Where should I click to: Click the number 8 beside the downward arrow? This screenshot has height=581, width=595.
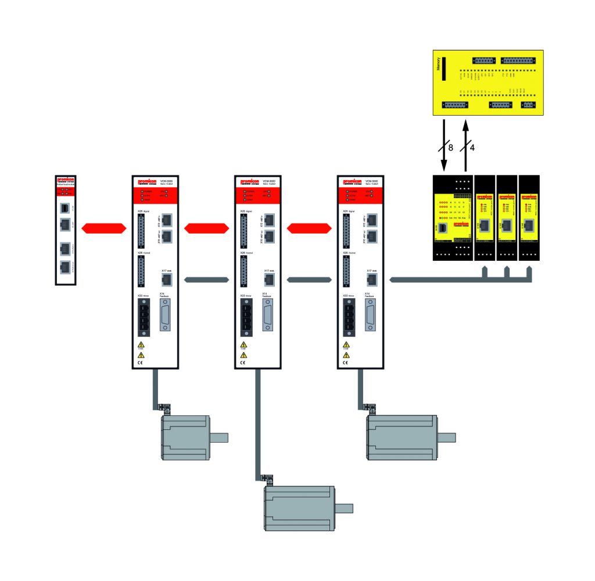click(450, 148)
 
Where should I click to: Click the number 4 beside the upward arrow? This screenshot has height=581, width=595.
click(472, 148)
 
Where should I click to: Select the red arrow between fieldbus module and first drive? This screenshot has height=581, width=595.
click(103, 228)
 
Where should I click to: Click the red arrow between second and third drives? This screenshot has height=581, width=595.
click(308, 228)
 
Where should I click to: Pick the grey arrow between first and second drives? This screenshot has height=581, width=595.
click(206, 280)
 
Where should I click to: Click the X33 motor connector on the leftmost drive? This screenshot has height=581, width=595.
click(144, 318)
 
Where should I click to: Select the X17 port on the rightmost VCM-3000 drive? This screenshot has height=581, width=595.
click(371, 280)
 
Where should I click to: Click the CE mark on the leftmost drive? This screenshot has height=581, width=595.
click(140, 363)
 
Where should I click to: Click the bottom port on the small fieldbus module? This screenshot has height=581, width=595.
click(65, 267)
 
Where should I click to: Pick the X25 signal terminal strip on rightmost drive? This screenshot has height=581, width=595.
click(346, 231)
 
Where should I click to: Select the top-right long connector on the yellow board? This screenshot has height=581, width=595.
click(518, 60)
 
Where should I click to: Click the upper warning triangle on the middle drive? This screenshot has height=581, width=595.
click(243, 345)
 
